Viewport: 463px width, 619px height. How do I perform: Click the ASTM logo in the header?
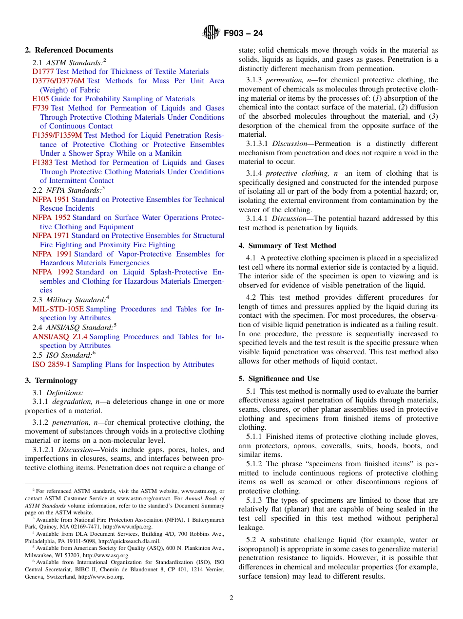(x=211, y=33)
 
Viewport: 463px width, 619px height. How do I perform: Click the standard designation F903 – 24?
(x=243, y=34)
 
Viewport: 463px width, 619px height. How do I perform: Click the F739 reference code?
(x=40, y=108)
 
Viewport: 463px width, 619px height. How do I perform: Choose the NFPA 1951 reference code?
(x=51, y=200)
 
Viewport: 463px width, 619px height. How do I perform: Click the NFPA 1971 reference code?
(x=51, y=236)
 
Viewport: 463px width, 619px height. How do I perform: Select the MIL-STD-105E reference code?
(x=58, y=309)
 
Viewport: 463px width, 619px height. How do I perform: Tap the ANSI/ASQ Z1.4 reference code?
(x=60, y=337)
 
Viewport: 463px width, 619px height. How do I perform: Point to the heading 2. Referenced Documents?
(x=69, y=50)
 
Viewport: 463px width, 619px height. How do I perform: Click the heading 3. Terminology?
(x=51, y=381)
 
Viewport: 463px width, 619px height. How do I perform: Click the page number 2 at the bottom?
(x=231, y=598)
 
